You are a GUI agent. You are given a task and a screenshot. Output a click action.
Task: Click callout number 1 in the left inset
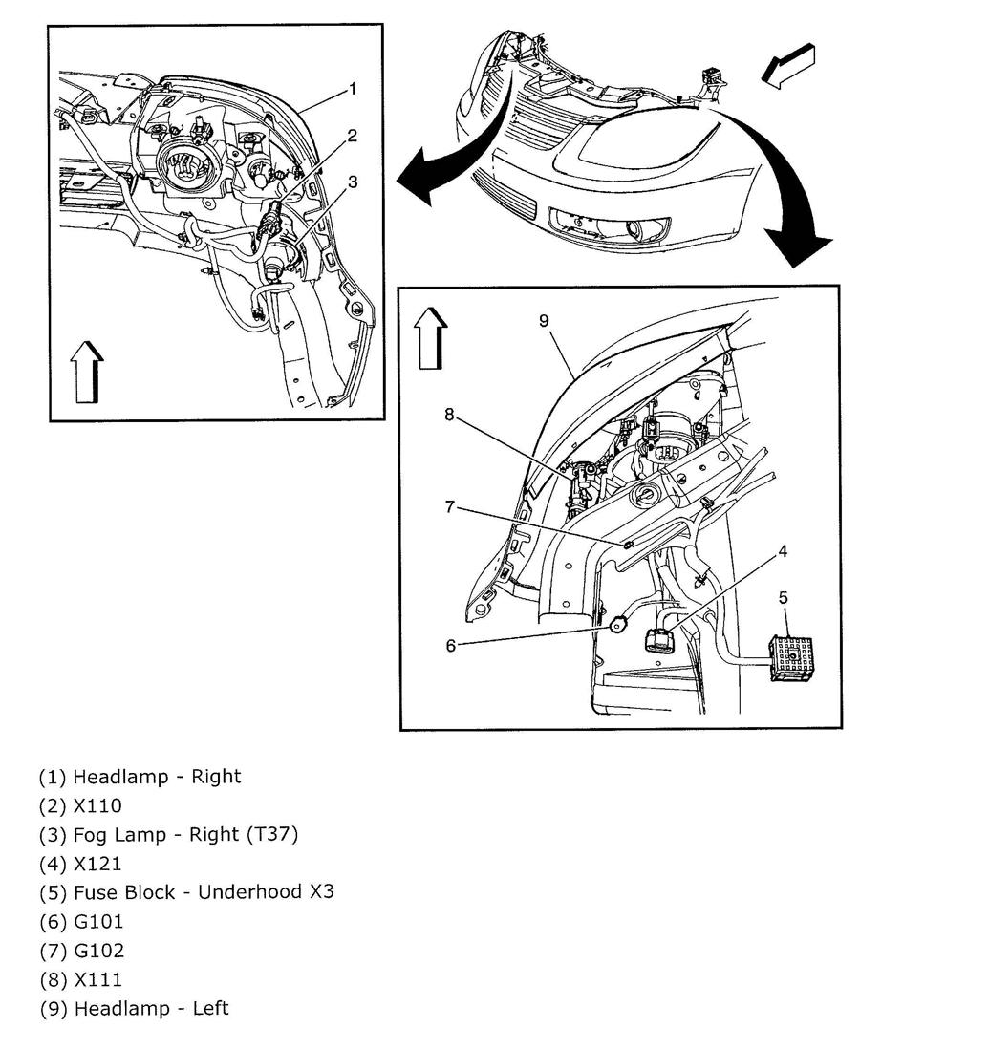pyautogui.click(x=353, y=89)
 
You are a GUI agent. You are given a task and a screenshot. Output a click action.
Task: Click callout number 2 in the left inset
pyautogui.click(x=353, y=136)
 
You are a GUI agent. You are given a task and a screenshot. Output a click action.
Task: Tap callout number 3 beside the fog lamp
pyautogui.click(x=353, y=182)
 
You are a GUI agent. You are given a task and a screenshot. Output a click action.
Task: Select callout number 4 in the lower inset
pyautogui.click(x=783, y=551)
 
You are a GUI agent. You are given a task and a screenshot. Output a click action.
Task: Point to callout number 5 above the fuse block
pyautogui.click(x=783, y=598)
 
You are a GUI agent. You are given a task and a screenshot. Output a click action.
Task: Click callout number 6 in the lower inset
pyautogui.click(x=451, y=645)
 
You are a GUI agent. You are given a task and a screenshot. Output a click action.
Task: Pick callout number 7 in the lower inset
pyautogui.click(x=451, y=506)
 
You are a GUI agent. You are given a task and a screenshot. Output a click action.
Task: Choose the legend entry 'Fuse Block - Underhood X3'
pyautogui.click(x=204, y=892)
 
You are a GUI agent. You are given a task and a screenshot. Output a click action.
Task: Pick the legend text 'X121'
pyautogui.click(x=97, y=864)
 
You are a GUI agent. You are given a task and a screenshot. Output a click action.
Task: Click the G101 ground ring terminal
pyautogui.click(x=617, y=626)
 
